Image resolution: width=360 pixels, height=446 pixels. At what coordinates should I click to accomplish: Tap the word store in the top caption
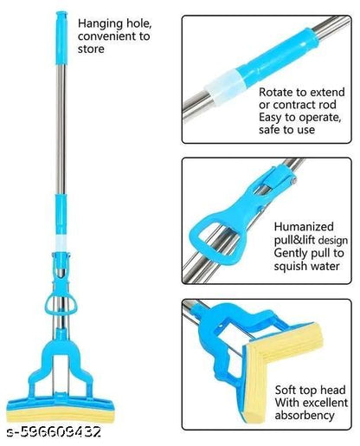[x=93, y=49]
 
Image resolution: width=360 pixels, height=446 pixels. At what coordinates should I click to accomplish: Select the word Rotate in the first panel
[x=278, y=90]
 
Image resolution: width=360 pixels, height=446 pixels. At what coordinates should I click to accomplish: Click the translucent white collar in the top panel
[x=224, y=83]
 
